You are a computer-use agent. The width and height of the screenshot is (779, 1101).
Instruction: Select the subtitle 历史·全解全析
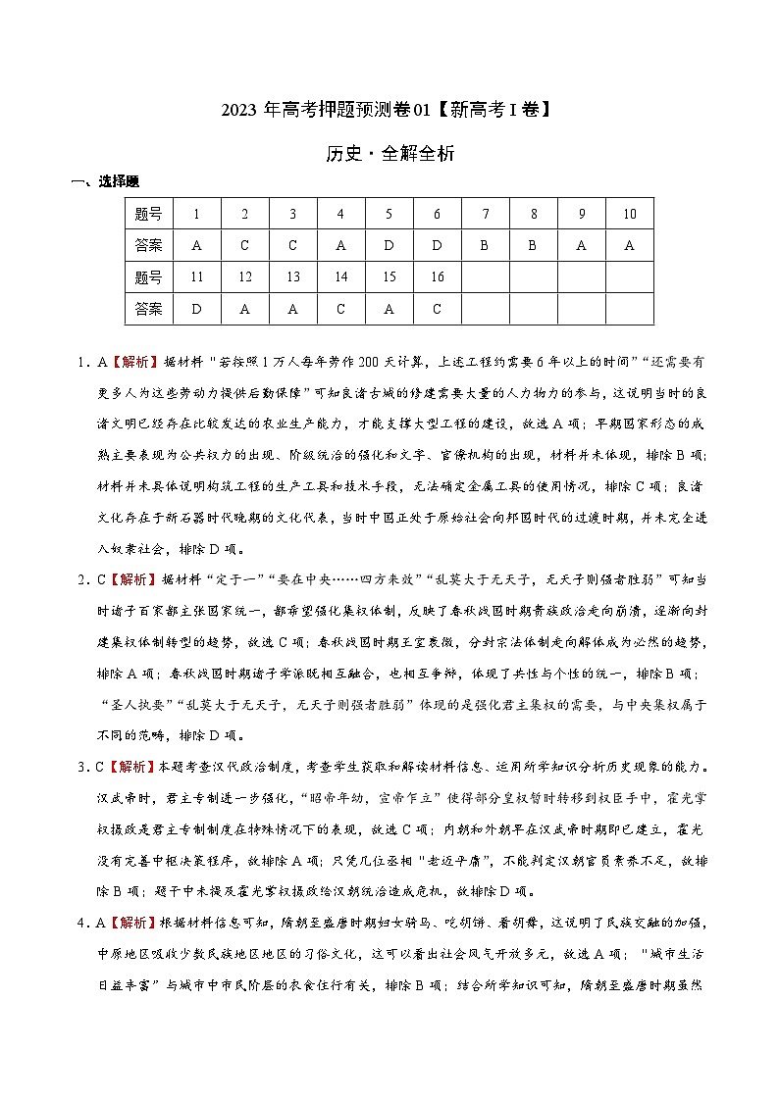[389, 154]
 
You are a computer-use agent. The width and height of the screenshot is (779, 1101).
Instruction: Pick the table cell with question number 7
[485, 214]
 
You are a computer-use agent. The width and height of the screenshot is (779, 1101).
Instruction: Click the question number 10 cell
[629, 214]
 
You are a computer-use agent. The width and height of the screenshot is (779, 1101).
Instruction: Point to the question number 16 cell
[437, 277]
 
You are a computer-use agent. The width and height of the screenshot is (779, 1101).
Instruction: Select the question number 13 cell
[292, 277]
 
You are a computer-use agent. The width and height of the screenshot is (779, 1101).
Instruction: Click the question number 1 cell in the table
[196, 214]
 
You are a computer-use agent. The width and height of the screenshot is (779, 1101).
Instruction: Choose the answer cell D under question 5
[389, 246]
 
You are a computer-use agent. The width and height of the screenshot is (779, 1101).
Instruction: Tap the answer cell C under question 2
[244, 246]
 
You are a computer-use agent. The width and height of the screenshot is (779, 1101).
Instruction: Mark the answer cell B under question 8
[533, 246]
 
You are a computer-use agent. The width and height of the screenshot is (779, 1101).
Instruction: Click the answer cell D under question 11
[196, 309]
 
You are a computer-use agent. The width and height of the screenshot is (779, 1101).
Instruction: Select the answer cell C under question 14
[340, 309]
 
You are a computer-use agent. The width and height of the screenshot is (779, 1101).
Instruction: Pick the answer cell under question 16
[437, 309]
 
